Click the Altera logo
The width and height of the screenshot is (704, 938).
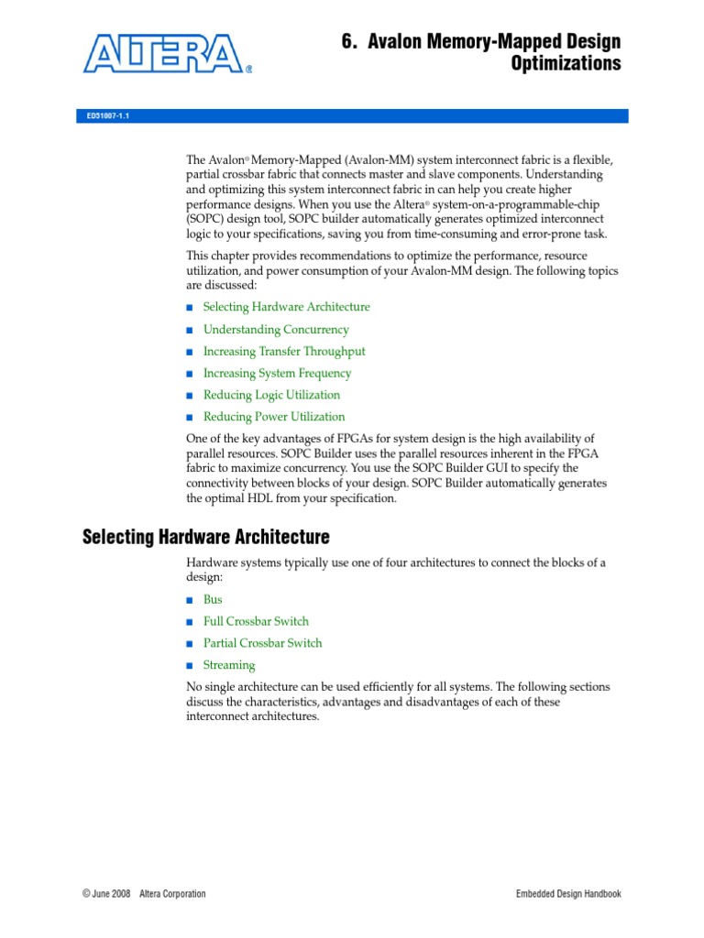click(165, 52)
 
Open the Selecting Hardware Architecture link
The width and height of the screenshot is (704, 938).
click(286, 307)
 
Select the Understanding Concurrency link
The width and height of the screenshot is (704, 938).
click(276, 329)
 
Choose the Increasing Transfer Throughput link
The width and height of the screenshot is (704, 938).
click(284, 351)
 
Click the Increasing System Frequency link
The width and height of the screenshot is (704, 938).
click(277, 373)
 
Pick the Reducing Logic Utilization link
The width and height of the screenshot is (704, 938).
click(271, 395)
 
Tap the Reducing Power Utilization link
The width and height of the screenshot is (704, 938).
click(274, 417)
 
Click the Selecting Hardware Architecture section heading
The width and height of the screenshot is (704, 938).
click(206, 536)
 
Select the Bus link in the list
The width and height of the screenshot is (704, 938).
click(213, 599)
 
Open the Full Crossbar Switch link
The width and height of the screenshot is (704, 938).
click(256, 621)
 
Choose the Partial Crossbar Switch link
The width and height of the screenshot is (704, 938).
click(262, 643)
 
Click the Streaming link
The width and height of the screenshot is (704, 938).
click(229, 665)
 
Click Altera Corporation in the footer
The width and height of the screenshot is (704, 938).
click(172, 894)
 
